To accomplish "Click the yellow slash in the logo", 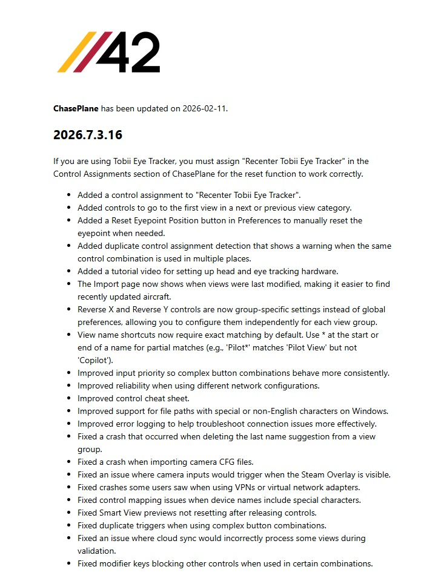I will coord(71,52).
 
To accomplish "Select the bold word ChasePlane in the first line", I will coord(76,109).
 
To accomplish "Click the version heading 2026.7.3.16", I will coord(88,135).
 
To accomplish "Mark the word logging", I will coord(150,424).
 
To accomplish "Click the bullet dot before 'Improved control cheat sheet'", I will coord(68,398).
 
